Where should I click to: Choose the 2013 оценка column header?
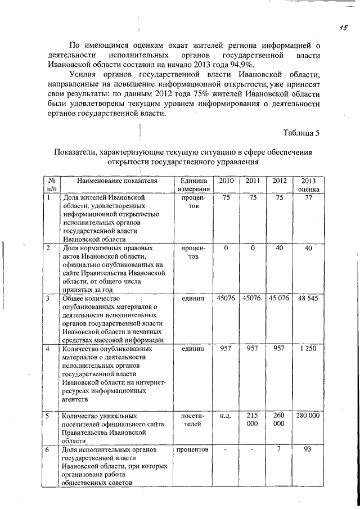308,185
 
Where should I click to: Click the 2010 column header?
226,181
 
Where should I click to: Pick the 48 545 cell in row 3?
308,298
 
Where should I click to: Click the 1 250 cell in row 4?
308,349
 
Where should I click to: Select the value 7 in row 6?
279,449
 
